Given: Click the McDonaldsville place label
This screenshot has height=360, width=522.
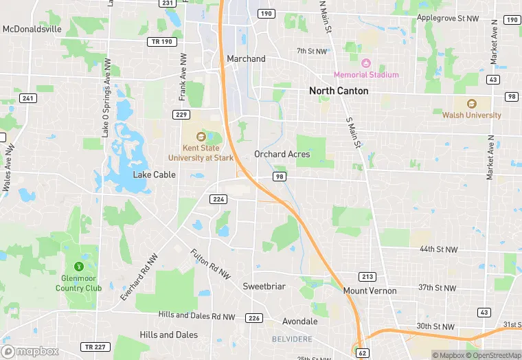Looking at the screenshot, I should point(32,29).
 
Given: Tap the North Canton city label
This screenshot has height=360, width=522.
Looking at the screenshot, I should point(339,91).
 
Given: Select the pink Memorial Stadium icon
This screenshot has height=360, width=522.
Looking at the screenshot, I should point(366,63).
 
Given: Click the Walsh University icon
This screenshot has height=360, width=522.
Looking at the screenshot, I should point(472,104).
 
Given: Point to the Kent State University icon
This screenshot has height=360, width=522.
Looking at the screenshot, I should point(201,136).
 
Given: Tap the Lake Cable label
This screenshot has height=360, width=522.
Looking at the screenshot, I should point(155,175).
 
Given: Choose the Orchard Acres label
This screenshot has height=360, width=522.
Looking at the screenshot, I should point(282,154).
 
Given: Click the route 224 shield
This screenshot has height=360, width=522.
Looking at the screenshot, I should point(218,199).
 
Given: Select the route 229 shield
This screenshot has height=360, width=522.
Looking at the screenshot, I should point(181,114).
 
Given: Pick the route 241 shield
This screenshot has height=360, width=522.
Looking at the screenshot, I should point(27,98).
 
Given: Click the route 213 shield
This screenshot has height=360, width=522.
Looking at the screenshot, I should point(368,276).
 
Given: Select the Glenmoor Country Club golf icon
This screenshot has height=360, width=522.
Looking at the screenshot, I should point(79,266).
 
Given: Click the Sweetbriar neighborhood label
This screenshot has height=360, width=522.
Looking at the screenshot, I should point(264,286).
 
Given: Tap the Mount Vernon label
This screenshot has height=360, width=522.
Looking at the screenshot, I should point(370,291).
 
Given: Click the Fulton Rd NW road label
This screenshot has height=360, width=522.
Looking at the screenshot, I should point(210,264).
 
